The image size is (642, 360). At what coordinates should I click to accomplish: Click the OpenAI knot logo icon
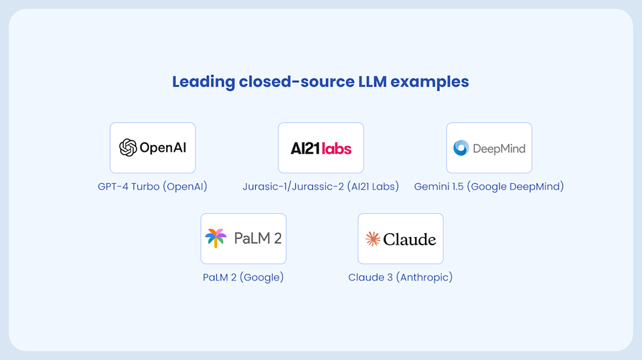coord(128,148)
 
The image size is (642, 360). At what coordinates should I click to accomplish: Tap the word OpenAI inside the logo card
coord(162,148)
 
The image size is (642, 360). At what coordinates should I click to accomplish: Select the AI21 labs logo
coord(320,148)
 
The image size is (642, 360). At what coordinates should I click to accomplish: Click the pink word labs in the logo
coord(336,148)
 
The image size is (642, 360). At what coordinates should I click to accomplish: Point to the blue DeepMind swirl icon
coord(461,148)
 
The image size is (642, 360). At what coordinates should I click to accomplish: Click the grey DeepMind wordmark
coord(498,149)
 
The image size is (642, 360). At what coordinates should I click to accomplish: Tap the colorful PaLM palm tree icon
coord(216,238)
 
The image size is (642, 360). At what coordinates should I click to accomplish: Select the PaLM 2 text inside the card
coord(258,238)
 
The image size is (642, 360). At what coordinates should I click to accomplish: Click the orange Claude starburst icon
coord(372,239)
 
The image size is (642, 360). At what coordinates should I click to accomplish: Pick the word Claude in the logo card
coord(409,239)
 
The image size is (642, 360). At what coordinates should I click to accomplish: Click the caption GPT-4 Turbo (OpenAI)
coord(152,186)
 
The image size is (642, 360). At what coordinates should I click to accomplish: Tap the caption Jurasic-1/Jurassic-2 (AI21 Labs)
coord(320,186)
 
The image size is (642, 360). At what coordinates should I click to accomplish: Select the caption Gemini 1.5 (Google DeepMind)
coord(488,186)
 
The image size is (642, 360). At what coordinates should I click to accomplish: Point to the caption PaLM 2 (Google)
coord(243,277)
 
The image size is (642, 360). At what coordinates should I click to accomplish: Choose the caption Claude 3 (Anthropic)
coord(400,277)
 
